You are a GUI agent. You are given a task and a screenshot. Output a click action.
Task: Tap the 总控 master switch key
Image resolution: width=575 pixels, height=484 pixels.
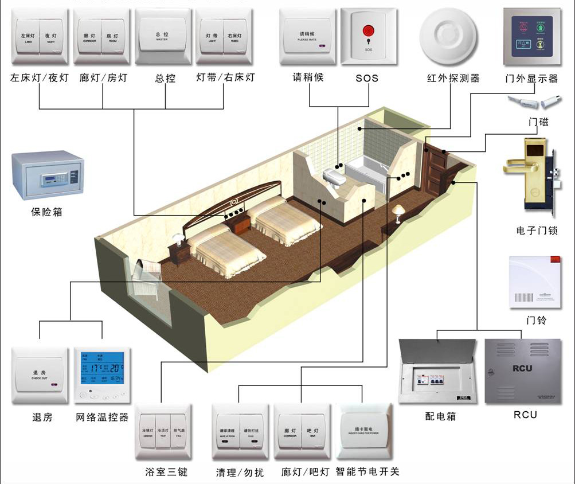coord(162,37)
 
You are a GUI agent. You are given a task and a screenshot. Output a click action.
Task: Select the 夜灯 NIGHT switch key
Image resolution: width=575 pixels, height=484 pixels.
coord(52,38)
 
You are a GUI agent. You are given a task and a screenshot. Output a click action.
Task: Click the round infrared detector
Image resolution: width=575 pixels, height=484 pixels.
coord(448,37)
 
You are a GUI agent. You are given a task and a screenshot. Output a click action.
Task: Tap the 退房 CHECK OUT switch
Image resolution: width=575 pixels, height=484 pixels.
coord(40,375)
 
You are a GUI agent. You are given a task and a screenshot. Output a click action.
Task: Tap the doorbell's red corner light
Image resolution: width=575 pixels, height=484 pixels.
coord(554,259)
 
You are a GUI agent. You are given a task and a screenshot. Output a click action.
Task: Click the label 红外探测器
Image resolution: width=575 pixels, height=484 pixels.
coord(453,77)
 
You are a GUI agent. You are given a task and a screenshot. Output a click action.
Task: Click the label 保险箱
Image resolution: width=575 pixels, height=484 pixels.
coord(46,212)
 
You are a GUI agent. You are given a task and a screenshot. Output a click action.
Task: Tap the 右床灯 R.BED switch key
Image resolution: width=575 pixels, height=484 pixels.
coord(234,38)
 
